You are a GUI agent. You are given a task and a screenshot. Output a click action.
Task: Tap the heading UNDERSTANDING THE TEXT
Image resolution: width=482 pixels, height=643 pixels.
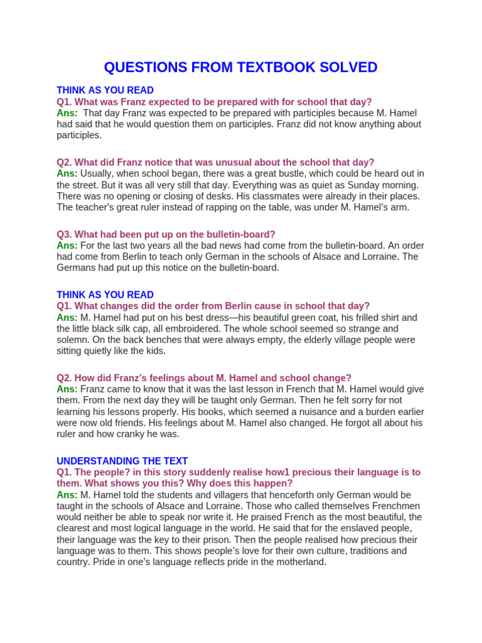pyautogui.click(x=122, y=461)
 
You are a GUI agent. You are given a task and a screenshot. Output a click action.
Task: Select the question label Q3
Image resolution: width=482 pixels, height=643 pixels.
pyautogui.click(x=65, y=234)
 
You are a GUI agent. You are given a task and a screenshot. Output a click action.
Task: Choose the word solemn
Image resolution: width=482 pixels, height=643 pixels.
pyautogui.click(x=73, y=340)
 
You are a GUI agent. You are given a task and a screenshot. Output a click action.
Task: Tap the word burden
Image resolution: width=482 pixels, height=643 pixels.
pyautogui.click(x=356, y=411)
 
